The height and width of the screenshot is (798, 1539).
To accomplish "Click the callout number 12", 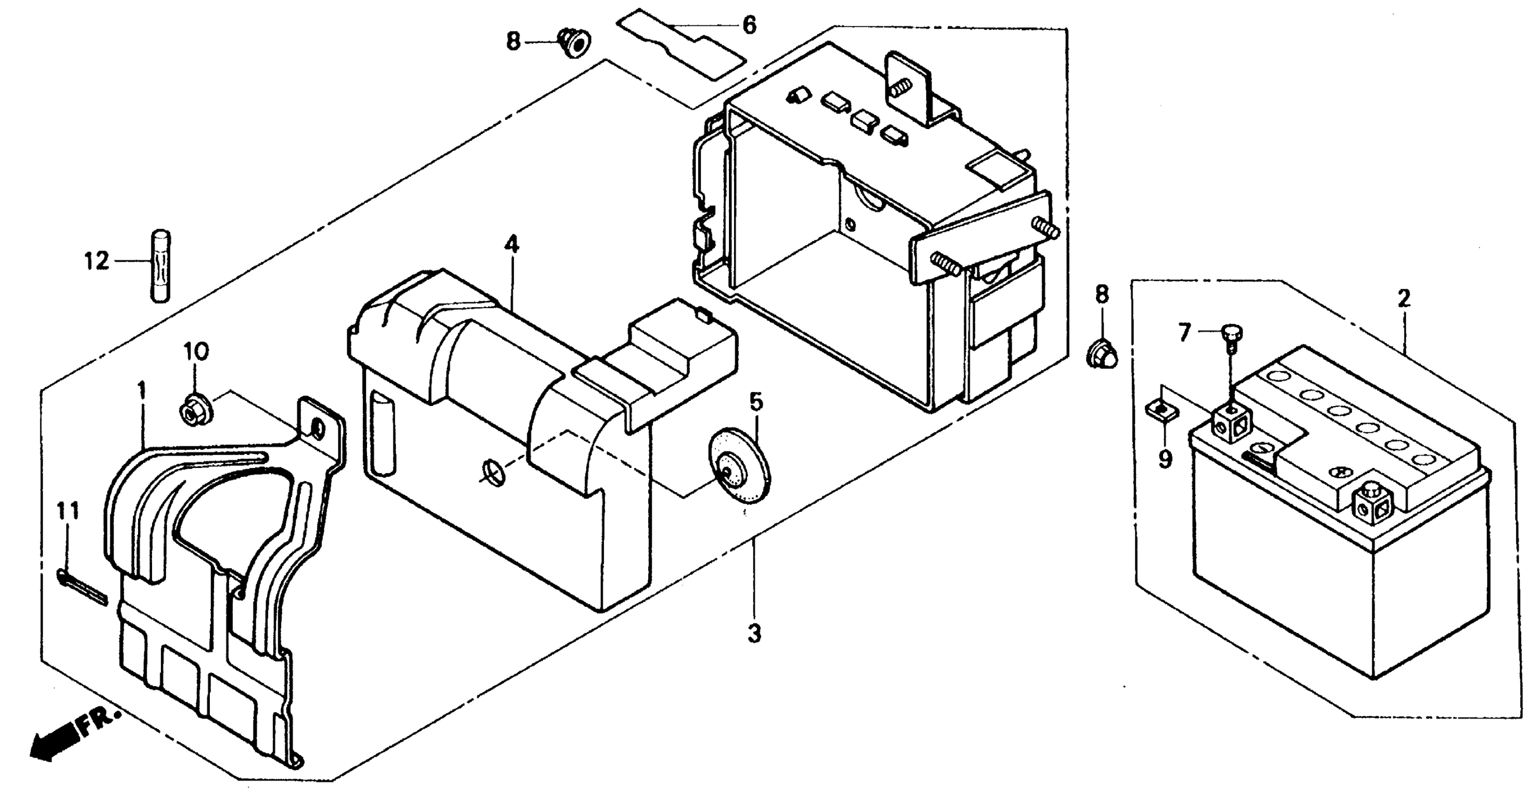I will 96,261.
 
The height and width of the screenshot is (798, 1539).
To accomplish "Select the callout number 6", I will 749,26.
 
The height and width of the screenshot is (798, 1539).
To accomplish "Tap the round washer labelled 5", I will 738,473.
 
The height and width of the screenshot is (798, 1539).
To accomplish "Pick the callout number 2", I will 1403,298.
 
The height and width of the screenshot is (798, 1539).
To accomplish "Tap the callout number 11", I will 68,511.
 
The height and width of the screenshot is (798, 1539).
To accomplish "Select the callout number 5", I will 756,403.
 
